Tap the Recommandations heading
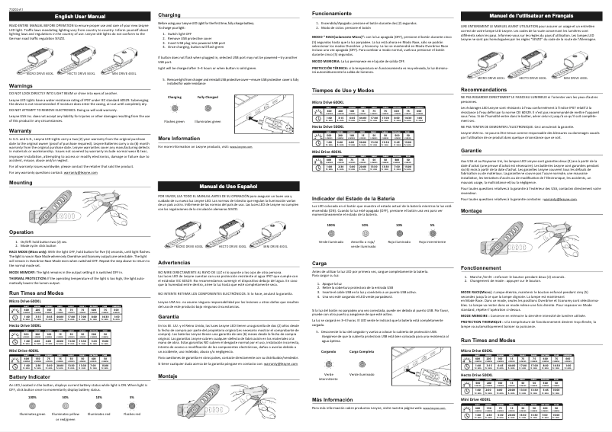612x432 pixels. click(x=494, y=89)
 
